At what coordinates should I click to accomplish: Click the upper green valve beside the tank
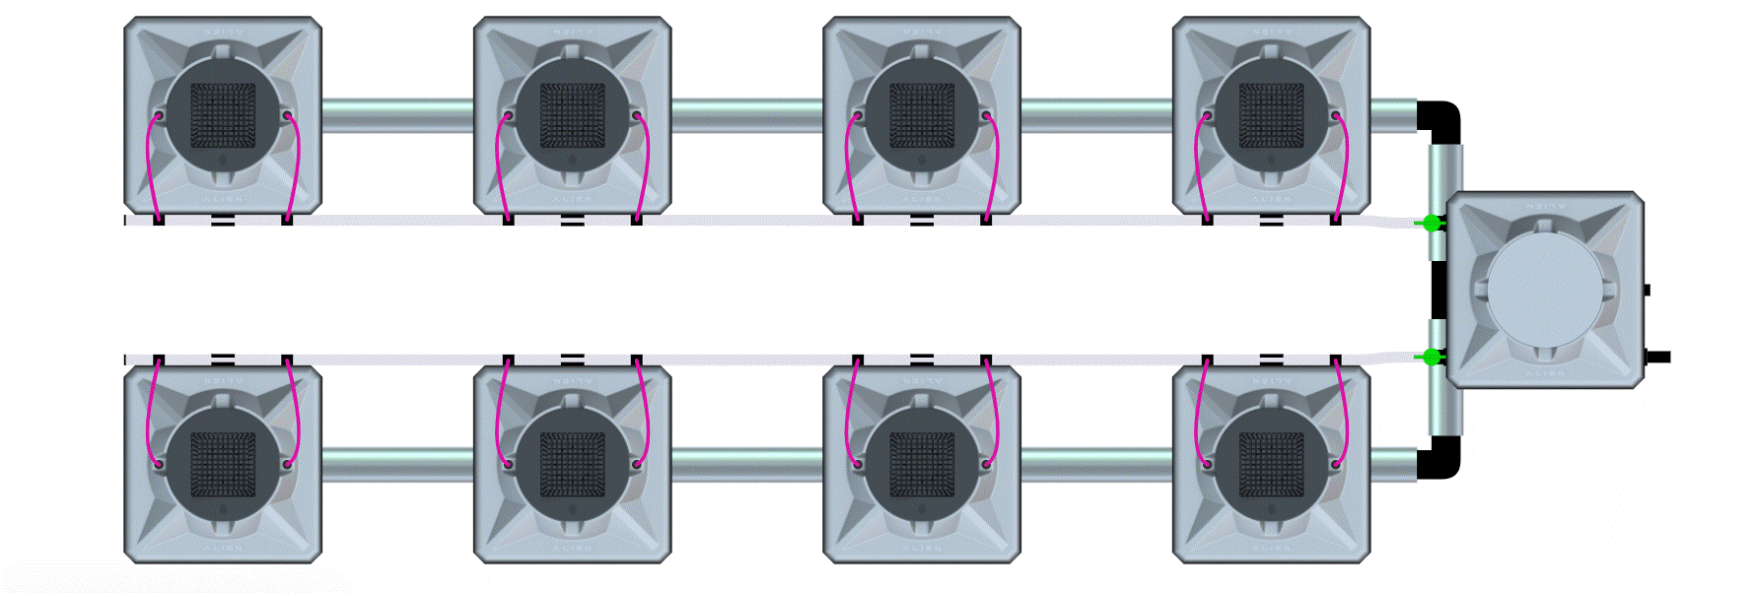point(1432,224)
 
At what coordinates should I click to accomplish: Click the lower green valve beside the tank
point(1432,357)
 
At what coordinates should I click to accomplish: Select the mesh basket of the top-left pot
point(223,115)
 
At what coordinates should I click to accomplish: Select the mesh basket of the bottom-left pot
point(223,464)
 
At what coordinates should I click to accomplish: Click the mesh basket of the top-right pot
point(1271,115)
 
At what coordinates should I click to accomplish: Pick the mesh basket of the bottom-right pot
point(1271,464)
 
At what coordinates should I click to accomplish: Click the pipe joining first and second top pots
point(397,115)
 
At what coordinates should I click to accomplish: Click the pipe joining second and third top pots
point(747,115)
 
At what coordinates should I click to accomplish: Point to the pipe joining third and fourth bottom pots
point(1096,464)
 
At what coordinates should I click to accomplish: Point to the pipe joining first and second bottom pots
point(397,464)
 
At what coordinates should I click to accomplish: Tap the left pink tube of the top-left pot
point(150,167)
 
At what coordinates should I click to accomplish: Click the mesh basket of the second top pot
point(572,115)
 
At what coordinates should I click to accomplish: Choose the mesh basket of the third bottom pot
point(922,464)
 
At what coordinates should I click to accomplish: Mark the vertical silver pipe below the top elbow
point(1445,177)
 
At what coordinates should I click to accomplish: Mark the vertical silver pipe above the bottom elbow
point(1445,404)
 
